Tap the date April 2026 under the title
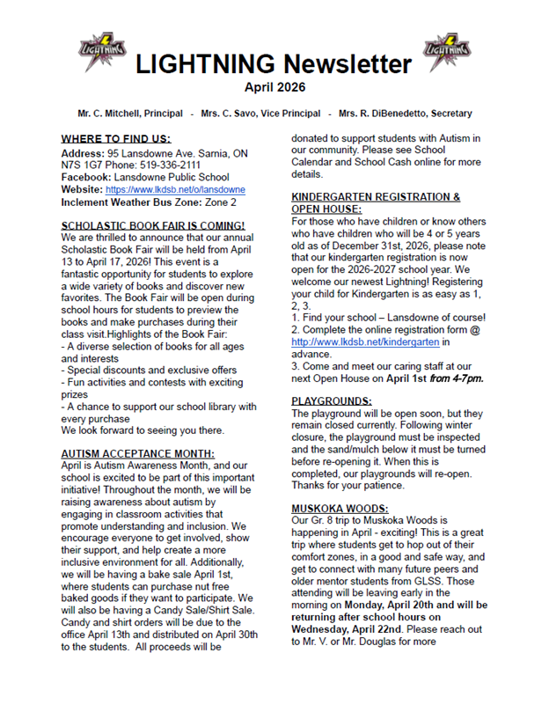(274, 88)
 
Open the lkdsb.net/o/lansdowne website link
(175, 189)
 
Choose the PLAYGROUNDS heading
(332, 400)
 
